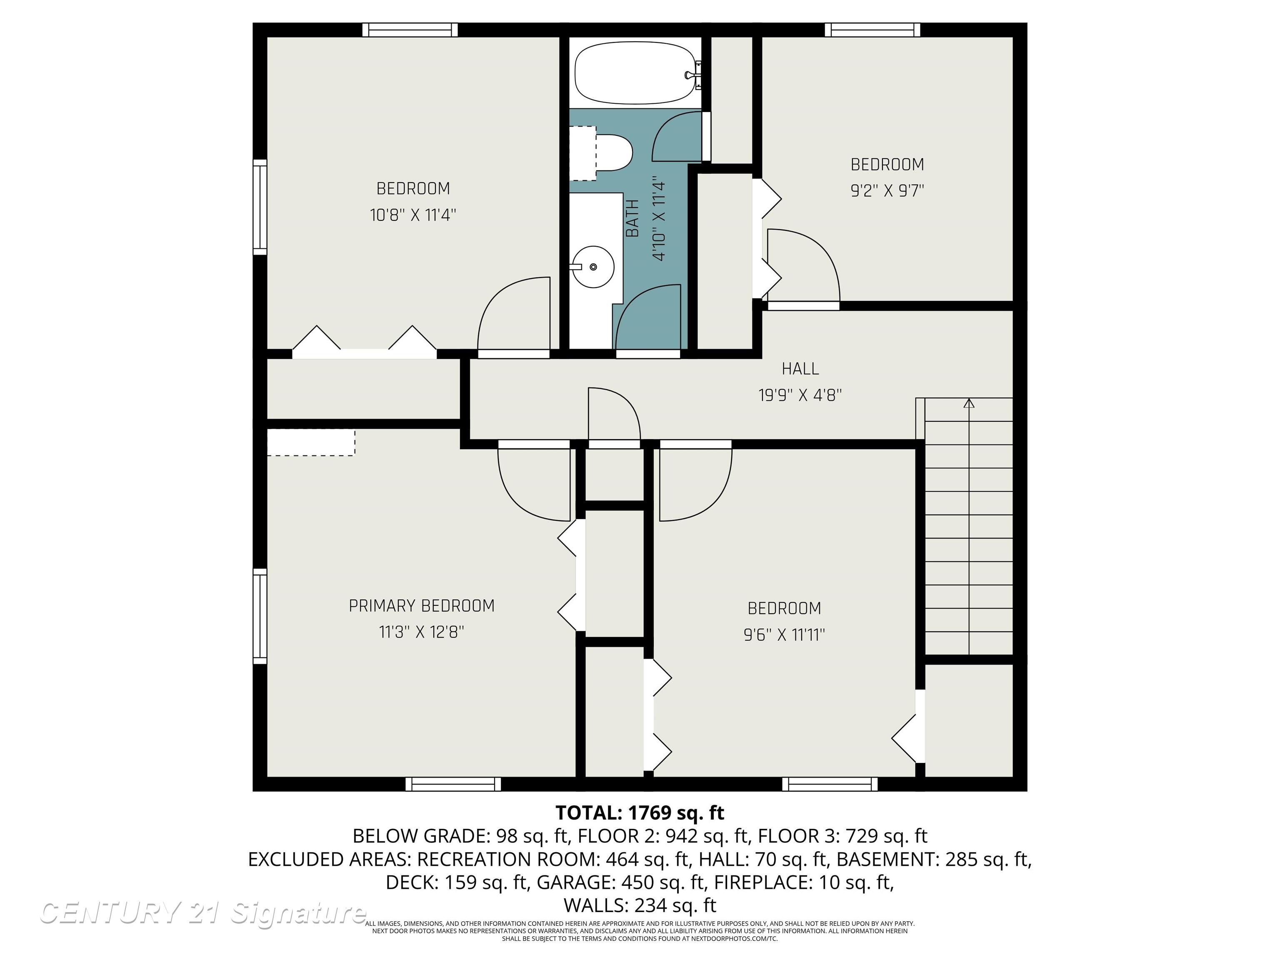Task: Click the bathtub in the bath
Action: pos(635,73)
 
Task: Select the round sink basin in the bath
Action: pos(593,267)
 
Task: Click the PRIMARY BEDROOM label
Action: pos(421,606)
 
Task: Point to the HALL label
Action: pos(800,369)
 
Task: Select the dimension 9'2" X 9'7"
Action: pos(887,191)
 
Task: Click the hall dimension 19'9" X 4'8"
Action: pos(800,395)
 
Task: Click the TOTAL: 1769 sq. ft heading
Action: pos(640,813)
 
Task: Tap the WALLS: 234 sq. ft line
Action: pos(640,905)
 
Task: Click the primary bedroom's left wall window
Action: pos(260,616)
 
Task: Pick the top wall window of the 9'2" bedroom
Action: pos(872,30)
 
